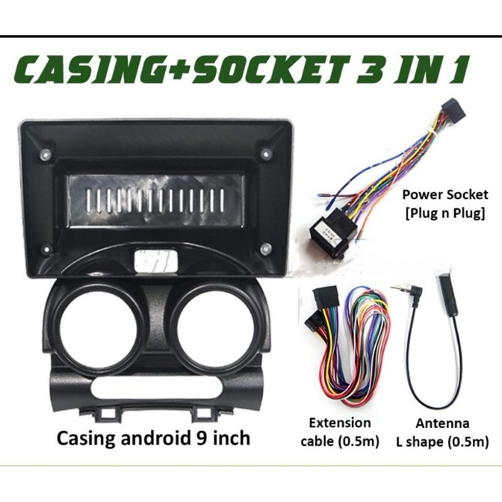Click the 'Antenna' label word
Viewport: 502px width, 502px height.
coord(443,422)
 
